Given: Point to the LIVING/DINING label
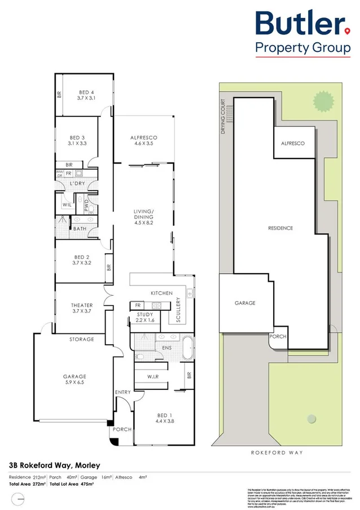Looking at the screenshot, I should [143, 214].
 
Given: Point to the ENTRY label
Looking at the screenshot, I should [122, 392].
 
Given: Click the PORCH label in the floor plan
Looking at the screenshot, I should [122, 429].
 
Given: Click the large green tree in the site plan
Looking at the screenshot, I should [323, 102].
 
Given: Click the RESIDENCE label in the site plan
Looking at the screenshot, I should [280, 228].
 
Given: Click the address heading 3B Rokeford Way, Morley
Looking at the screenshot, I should [54, 465].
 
